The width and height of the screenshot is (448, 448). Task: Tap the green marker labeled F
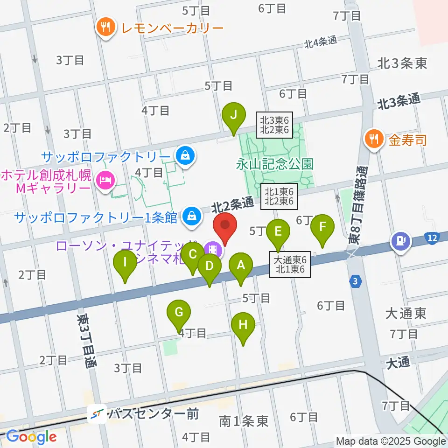tap(322, 228)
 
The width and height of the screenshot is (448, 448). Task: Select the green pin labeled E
tap(278, 231)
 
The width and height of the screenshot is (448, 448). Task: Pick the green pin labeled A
tap(241, 266)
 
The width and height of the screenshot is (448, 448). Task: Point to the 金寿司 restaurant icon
tap(375, 138)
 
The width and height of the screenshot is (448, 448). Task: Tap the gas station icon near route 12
tap(401, 240)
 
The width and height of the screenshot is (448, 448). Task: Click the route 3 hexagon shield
tap(356, 281)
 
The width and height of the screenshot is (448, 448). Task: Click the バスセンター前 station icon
tap(98, 413)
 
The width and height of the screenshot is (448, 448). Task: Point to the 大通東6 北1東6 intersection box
tap(290, 265)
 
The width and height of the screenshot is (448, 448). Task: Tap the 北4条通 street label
tap(321, 42)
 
